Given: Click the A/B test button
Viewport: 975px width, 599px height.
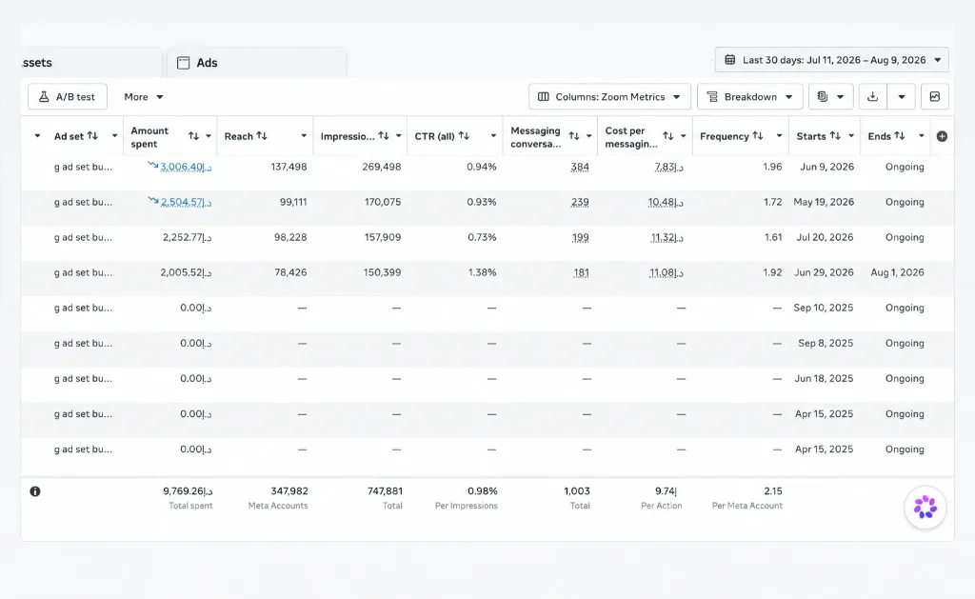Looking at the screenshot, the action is [68, 97].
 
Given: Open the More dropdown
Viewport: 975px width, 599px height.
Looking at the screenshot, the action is [143, 97].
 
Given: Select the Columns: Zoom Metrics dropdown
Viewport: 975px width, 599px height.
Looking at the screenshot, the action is [609, 97].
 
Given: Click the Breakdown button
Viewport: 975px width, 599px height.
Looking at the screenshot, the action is [750, 97].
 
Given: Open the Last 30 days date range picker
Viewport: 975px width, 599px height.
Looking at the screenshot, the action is [832, 60].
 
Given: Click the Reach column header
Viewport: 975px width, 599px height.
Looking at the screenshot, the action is [239, 136].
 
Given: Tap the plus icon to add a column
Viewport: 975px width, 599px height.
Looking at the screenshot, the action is [942, 136].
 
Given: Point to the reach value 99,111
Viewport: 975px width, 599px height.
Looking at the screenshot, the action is [293, 202].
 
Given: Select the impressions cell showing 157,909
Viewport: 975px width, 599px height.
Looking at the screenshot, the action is [383, 238].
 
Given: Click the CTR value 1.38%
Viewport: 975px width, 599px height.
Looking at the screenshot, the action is [482, 272].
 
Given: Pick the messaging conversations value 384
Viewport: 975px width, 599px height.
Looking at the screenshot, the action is [580, 167].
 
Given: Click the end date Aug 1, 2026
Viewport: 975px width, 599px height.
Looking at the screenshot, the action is [897, 272].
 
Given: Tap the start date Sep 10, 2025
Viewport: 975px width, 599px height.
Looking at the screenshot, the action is [824, 308].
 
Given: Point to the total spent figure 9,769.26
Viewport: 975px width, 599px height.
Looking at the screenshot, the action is [188, 491].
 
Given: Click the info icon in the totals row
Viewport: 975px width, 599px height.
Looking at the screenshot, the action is [35, 491].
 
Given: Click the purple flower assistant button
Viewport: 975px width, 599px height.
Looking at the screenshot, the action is [925, 507].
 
